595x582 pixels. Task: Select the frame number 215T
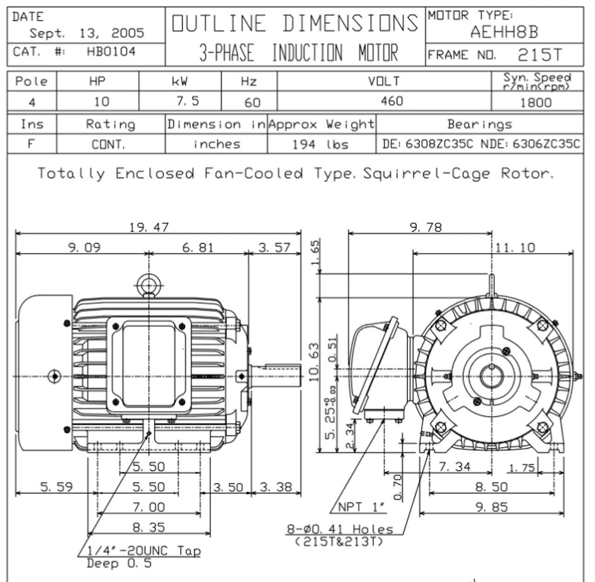[x=539, y=55]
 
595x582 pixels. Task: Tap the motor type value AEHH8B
[x=504, y=32]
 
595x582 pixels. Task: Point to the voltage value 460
[x=391, y=101]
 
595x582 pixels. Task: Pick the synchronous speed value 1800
[x=535, y=102]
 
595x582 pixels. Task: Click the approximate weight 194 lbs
[x=320, y=144]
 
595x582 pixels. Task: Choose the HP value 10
[x=101, y=101]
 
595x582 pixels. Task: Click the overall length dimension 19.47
[x=149, y=227]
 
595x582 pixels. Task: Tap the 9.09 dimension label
[x=84, y=247]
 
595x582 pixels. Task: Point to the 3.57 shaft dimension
[x=274, y=248]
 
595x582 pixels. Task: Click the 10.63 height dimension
[x=315, y=361]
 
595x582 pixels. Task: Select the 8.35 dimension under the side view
[x=149, y=527]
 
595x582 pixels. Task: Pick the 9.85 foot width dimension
[x=491, y=507]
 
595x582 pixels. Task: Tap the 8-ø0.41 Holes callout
[x=340, y=529]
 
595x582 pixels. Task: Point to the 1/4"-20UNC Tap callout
[x=144, y=551]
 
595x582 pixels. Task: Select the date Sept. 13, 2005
[x=87, y=33]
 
